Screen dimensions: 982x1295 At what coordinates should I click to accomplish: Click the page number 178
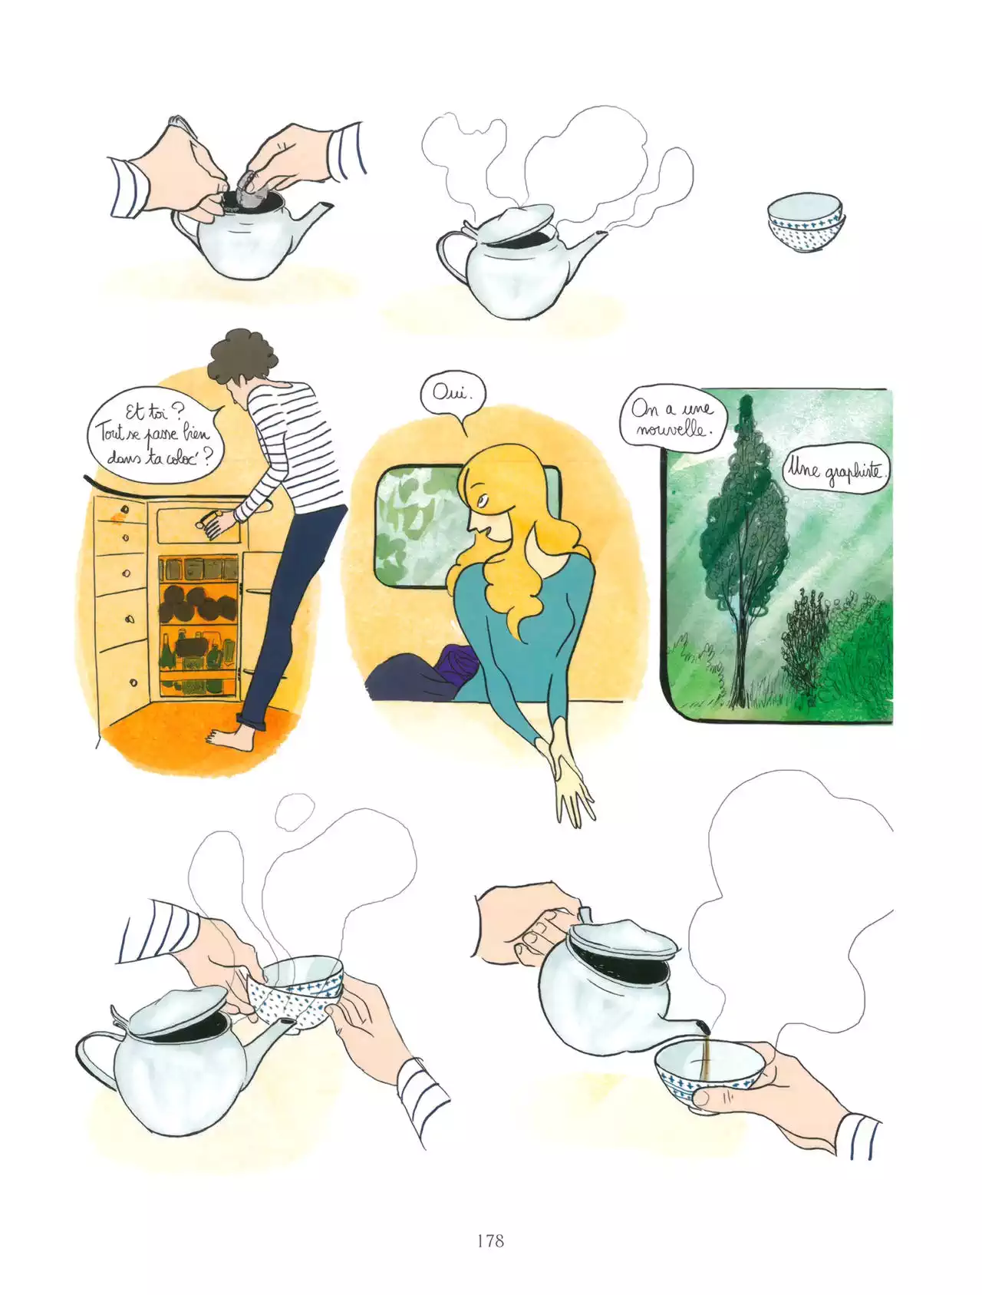pyautogui.click(x=489, y=1240)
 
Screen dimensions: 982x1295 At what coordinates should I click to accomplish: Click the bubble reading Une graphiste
pyautogui.click(x=835, y=470)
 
